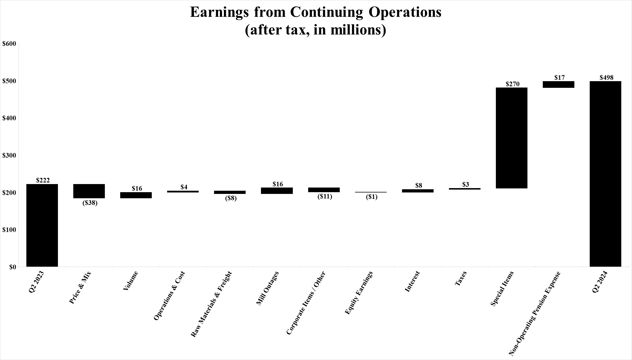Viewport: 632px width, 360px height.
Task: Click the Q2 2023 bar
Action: [42, 225]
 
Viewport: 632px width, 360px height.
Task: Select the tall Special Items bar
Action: [512, 138]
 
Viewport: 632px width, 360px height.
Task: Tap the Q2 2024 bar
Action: [605, 174]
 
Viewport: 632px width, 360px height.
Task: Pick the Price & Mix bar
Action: [89, 191]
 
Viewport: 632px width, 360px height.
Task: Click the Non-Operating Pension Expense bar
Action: [558, 84]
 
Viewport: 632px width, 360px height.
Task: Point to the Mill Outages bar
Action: [277, 191]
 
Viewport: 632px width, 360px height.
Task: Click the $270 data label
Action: [512, 84]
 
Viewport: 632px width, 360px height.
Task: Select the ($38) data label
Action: [90, 203]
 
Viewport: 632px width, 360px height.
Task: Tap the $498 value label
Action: [606, 78]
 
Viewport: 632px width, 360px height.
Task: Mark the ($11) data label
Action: [324, 197]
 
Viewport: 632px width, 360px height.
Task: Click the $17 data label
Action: [559, 78]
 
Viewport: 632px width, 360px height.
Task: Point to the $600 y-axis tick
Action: [9, 44]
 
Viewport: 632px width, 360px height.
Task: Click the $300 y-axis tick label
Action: [9, 155]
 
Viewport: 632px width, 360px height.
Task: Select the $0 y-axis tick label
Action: [12, 267]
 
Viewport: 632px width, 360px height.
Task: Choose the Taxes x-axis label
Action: [461, 278]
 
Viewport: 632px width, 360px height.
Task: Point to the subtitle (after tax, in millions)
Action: [315, 30]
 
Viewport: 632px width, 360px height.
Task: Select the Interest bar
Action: [418, 191]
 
